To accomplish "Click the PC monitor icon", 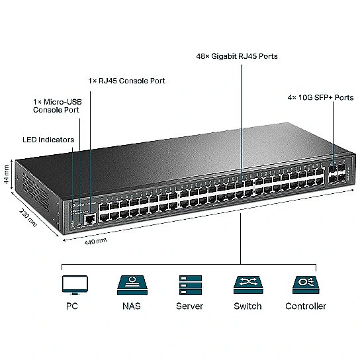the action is (x=75, y=285).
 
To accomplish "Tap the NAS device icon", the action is (x=132, y=285).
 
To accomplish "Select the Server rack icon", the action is (x=191, y=285).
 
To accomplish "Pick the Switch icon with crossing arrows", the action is (x=248, y=285).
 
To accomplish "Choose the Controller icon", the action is (x=306, y=285).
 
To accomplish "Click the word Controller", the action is (x=306, y=306).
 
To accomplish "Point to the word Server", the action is (x=189, y=306).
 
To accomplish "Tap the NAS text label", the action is (x=132, y=306).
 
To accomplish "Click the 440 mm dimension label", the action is (x=95, y=242).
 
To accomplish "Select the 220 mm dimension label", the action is (x=28, y=218).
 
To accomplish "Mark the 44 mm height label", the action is (x=7, y=175).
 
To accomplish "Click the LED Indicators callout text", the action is (x=48, y=140).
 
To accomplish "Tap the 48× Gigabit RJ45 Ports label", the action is (x=237, y=56).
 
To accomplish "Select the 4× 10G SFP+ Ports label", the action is (x=320, y=97).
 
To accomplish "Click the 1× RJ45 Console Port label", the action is (x=127, y=81).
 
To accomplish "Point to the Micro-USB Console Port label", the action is (x=57, y=106).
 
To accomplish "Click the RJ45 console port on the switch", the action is (x=90, y=219).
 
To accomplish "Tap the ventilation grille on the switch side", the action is (x=36, y=192).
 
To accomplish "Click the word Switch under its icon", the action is (x=247, y=306).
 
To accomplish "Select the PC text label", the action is (x=72, y=306).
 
